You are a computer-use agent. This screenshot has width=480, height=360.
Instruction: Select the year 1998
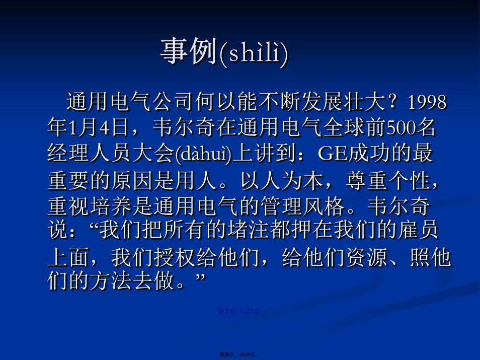coord(427,102)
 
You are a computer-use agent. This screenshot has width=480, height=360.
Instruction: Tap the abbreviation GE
coord(333,154)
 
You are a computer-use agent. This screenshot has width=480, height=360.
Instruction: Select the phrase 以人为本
coord(282,181)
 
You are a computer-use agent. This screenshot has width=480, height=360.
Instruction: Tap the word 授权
coord(175,257)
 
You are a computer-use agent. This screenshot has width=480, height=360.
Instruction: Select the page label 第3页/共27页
coord(239,312)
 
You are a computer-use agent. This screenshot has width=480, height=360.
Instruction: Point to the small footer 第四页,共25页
coord(239,354)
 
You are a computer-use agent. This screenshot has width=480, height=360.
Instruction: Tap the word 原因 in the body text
coord(131,181)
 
